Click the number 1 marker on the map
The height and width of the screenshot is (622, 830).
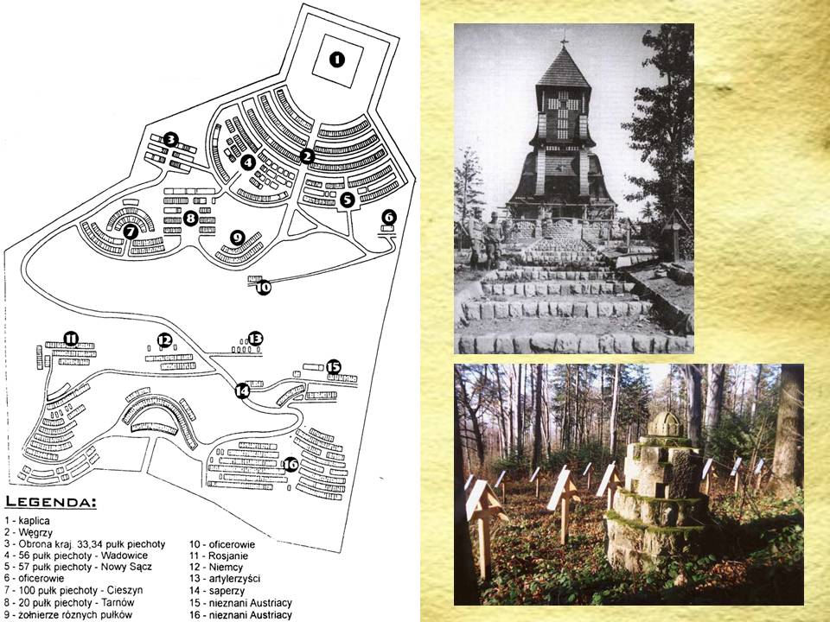coord(336,60)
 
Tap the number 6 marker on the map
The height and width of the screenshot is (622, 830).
coord(388,216)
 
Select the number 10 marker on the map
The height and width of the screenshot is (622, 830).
coord(263,287)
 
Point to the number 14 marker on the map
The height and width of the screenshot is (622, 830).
coord(242,390)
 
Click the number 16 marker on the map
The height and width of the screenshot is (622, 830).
coord(290,465)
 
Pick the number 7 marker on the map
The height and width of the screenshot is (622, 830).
coord(131,232)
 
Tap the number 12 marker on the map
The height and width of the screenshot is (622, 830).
coord(164,340)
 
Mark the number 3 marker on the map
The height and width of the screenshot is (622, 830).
coord(170,139)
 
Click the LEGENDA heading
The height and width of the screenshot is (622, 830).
coord(50,502)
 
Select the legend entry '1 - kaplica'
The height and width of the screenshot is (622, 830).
coord(27,521)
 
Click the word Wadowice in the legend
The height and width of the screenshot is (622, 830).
coord(124,555)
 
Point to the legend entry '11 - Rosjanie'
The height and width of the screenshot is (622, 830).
coord(219,555)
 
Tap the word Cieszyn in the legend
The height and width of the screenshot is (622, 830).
coord(124,590)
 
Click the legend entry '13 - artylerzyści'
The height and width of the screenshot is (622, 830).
coord(225,579)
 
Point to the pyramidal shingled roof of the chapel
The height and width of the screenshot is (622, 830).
coord(564,67)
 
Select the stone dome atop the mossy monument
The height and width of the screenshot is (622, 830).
coord(665,424)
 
